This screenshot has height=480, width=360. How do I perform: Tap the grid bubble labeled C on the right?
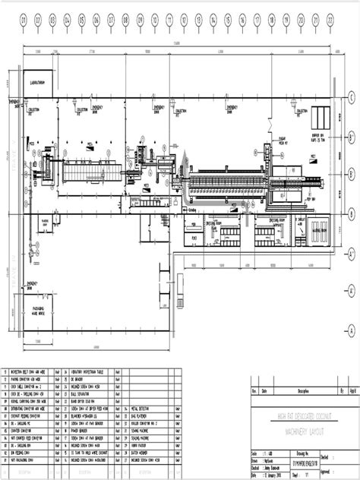point(352,96)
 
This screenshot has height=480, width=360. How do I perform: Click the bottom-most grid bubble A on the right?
point(352,308)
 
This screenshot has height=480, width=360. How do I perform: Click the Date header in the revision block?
point(266,392)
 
